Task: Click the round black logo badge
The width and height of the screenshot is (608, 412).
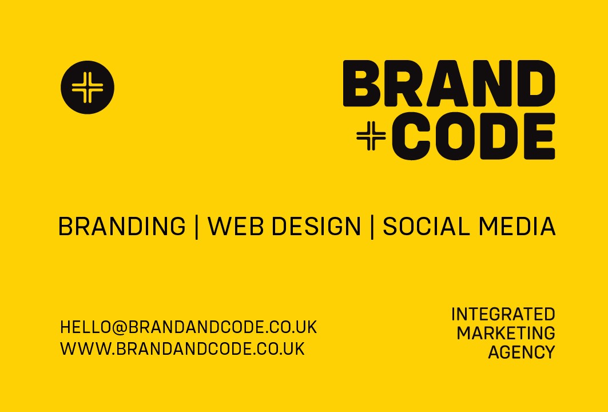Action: point(88,88)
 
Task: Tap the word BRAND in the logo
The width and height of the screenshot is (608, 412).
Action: point(449,84)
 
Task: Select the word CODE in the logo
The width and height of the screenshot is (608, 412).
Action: point(474,136)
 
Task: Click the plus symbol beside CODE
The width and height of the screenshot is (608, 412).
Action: point(371,136)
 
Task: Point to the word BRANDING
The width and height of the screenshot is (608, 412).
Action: point(122,227)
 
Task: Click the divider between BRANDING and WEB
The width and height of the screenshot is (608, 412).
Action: point(197,227)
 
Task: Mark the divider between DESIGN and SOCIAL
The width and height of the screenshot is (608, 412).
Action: point(372,227)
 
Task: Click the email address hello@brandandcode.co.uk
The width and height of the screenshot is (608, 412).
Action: point(188,327)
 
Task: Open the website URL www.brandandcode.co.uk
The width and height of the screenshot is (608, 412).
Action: point(182,348)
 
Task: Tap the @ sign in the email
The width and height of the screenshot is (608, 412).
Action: point(119,327)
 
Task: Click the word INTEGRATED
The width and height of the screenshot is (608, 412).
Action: point(503,314)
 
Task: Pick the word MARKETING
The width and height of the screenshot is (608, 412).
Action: point(506,333)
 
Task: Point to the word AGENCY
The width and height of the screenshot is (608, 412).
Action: point(521,352)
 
